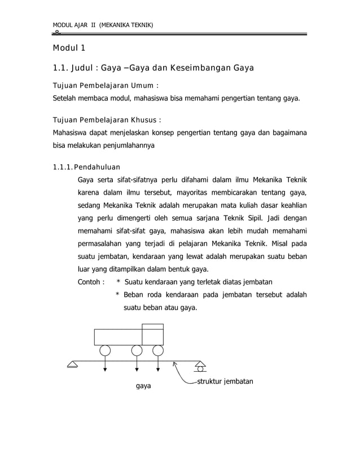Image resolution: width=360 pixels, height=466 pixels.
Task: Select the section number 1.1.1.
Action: tap(62, 167)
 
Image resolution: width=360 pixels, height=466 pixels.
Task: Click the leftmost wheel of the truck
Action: tap(106, 351)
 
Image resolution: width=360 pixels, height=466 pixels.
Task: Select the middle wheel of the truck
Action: tap(137, 351)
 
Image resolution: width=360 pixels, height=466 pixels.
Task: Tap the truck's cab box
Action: tap(152, 335)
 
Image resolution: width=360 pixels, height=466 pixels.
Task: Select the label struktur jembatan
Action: tap(225, 381)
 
